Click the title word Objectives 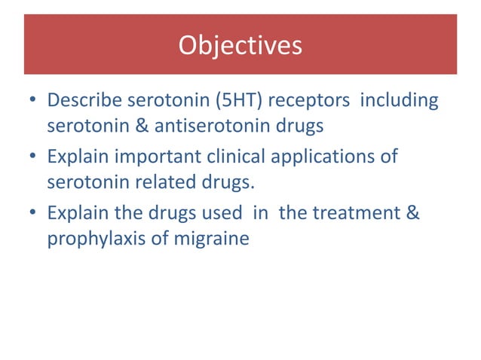click(x=240, y=46)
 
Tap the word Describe click(x=83, y=100)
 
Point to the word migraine click(x=214, y=241)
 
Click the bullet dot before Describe click(x=33, y=101)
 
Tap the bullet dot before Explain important click(x=33, y=159)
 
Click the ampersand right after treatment click(x=412, y=215)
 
